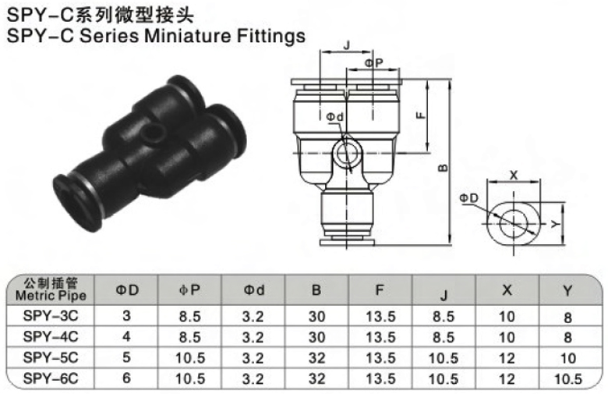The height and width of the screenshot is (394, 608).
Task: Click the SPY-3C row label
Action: tap(51, 316)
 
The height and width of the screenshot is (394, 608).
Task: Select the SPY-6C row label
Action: tap(51, 378)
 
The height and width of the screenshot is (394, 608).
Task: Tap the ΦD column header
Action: tap(127, 290)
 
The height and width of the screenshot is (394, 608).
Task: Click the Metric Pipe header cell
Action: tap(51, 289)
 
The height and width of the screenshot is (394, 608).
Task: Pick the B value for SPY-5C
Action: tap(316, 357)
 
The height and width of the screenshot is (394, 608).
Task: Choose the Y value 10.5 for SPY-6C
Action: tap(568, 379)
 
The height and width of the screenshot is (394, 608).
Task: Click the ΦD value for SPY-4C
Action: tap(126, 336)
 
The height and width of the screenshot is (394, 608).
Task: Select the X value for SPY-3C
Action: tap(507, 316)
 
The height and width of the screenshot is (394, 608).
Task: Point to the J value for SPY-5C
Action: tap(444, 358)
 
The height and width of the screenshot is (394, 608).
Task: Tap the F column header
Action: tap(380, 290)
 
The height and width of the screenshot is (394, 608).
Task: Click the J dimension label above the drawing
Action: tap(347, 45)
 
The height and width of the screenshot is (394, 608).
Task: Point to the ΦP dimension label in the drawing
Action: tap(374, 63)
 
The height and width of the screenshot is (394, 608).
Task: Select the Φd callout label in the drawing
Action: tap(334, 116)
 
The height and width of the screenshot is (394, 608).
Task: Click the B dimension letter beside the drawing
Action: tap(443, 168)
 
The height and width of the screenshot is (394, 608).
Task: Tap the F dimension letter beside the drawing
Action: tap(421, 115)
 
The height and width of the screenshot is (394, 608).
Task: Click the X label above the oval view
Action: tap(514, 175)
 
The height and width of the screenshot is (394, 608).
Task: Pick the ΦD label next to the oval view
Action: tap(469, 198)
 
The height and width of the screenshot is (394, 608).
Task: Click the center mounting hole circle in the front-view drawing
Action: tap(347, 154)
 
